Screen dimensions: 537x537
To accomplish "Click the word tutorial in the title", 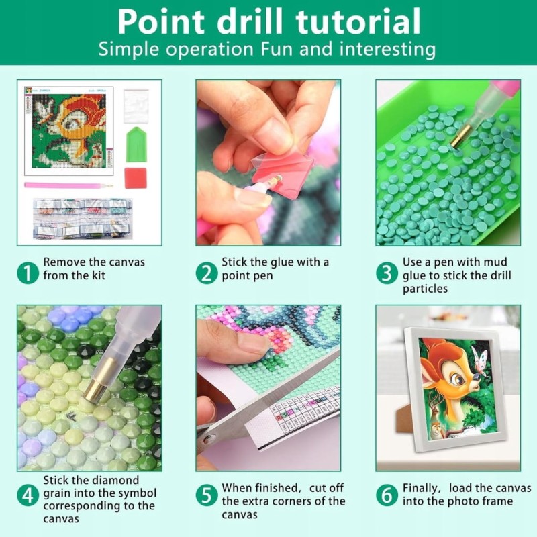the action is [358, 21].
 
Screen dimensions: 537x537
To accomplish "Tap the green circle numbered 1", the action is [28, 273].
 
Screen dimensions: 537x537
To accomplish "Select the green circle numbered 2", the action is [207, 273].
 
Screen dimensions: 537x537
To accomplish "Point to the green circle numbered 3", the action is [387, 273].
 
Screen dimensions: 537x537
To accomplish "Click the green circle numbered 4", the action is [28, 495].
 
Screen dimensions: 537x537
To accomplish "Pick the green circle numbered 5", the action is [207, 495].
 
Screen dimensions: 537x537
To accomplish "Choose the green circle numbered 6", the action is [387, 495].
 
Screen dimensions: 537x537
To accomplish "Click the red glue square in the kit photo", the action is [136, 178].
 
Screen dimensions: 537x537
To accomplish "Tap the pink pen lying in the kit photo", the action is [68, 185].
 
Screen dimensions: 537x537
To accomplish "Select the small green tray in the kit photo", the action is [136, 144].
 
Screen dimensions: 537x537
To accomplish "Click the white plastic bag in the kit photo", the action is [136, 106].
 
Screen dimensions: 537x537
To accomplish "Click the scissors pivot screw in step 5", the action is [208, 439].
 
